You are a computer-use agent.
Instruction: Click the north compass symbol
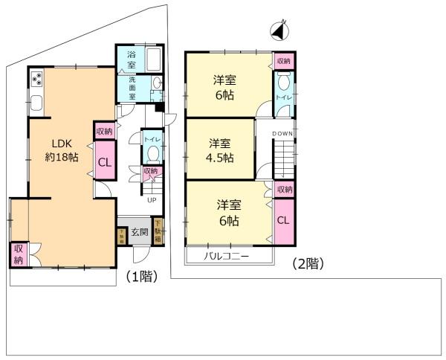(x=277, y=32)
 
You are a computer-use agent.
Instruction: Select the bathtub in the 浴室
(x=155, y=59)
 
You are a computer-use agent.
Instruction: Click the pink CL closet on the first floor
(x=104, y=164)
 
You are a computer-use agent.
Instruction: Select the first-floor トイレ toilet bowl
(x=152, y=153)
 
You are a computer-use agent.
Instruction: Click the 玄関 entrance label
(x=140, y=233)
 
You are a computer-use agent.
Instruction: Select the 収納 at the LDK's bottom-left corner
(x=19, y=254)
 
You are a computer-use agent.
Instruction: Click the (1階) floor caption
(x=140, y=276)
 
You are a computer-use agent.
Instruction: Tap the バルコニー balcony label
(x=228, y=257)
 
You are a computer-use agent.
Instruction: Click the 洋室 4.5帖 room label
(x=219, y=150)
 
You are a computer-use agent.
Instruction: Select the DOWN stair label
(x=282, y=133)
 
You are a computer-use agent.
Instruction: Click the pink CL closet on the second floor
(x=283, y=221)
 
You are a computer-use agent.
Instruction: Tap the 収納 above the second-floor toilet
(x=284, y=61)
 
